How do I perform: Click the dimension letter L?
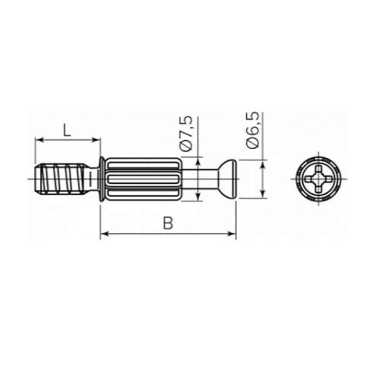pyautogui.click(x=67, y=130)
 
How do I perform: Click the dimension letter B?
pyautogui.click(x=168, y=223)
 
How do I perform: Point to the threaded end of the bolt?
pyautogui.click(x=60, y=178)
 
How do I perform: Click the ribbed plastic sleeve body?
pyautogui.click(x=143, y=179)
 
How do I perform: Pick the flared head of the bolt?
pyautogui.click(x=227, y=178)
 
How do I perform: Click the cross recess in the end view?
pyautogui.click(x=318, y=179)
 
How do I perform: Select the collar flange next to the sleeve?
pyautogui.click(x=101, y=179)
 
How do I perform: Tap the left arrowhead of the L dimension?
pyautogui.click(x=39, y=140)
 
